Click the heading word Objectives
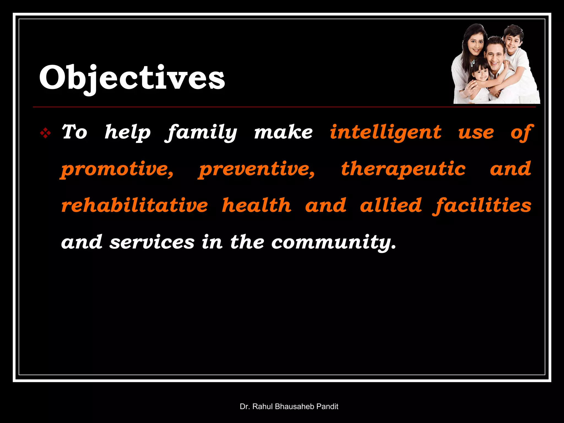coord(132,78)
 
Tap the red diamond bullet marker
coord(45,134)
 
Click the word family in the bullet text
coord(201,133)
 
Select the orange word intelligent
coord(386,133)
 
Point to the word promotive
coord(117,169)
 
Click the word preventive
coord(257,169)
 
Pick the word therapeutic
coord(403,169)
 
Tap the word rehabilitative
coord(135,205)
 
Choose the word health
coord(257,205)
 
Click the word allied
coord(391,205)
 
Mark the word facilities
coord(482,206)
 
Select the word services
coord(152,242)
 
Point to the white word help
coord(128,133)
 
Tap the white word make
coord(283,133)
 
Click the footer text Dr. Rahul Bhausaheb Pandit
coord(289,406)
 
